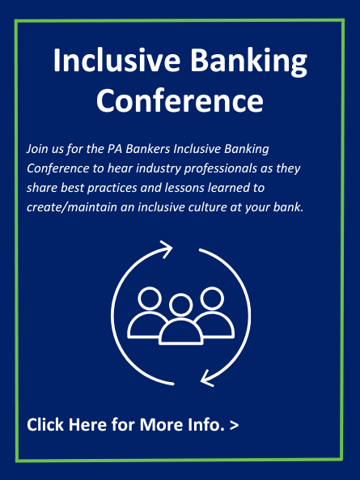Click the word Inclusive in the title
click(116, 60)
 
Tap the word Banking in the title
click(248, 62)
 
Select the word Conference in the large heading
click(180, 100)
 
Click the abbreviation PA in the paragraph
click(115, 149)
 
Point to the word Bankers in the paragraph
click(148, 149)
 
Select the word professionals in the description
click(220, 169)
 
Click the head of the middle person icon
click(180, 305)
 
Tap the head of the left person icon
click(150, 299)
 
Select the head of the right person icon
click(212, 299)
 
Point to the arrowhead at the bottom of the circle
click(207, 379)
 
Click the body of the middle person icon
click(180, 332)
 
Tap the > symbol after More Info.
click(234, 425)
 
